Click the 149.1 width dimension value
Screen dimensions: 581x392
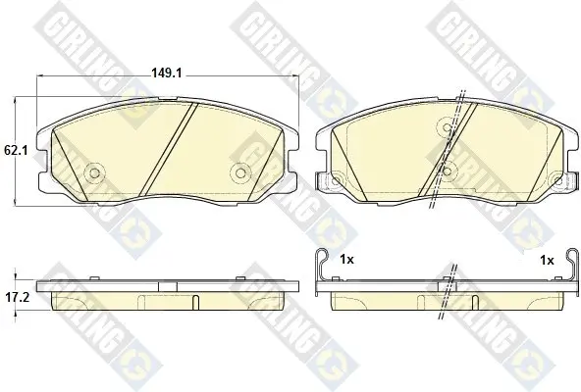tap(167, 73)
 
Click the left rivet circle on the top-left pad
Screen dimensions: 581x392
tap(95, 172)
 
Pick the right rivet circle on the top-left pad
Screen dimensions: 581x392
tap(240, 172)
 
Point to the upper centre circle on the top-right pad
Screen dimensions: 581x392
tap(448, 127)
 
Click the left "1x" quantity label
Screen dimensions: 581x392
tap(346, 260)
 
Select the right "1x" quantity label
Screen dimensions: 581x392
tap(547, 261)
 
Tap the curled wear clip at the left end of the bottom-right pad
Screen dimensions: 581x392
tap(321, 270)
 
